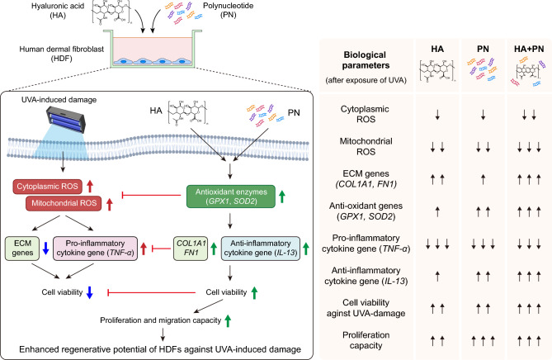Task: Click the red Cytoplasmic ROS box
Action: [48, 187]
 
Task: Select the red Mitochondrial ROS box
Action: [64, 203]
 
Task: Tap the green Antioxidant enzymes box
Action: [231, 197]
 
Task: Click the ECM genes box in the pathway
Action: [22, 249]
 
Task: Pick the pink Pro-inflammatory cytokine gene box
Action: [96, 249]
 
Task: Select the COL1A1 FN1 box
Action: [191, 249]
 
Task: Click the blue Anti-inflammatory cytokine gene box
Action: [261, 249]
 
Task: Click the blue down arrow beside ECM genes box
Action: [45, 249]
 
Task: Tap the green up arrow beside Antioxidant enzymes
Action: [282, 197]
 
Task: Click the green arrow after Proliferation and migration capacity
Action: [228, 321]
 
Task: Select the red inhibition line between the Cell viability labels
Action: [151, 292]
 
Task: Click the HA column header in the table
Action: [437, 49]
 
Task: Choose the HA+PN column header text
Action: [529, 49]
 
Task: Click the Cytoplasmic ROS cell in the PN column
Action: [483, 115]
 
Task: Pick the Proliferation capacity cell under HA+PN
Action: [529, 341]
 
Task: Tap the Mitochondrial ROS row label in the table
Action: [366, 146]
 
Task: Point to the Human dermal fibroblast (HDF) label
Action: [62, 54]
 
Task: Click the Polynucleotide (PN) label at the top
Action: [228, 10]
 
